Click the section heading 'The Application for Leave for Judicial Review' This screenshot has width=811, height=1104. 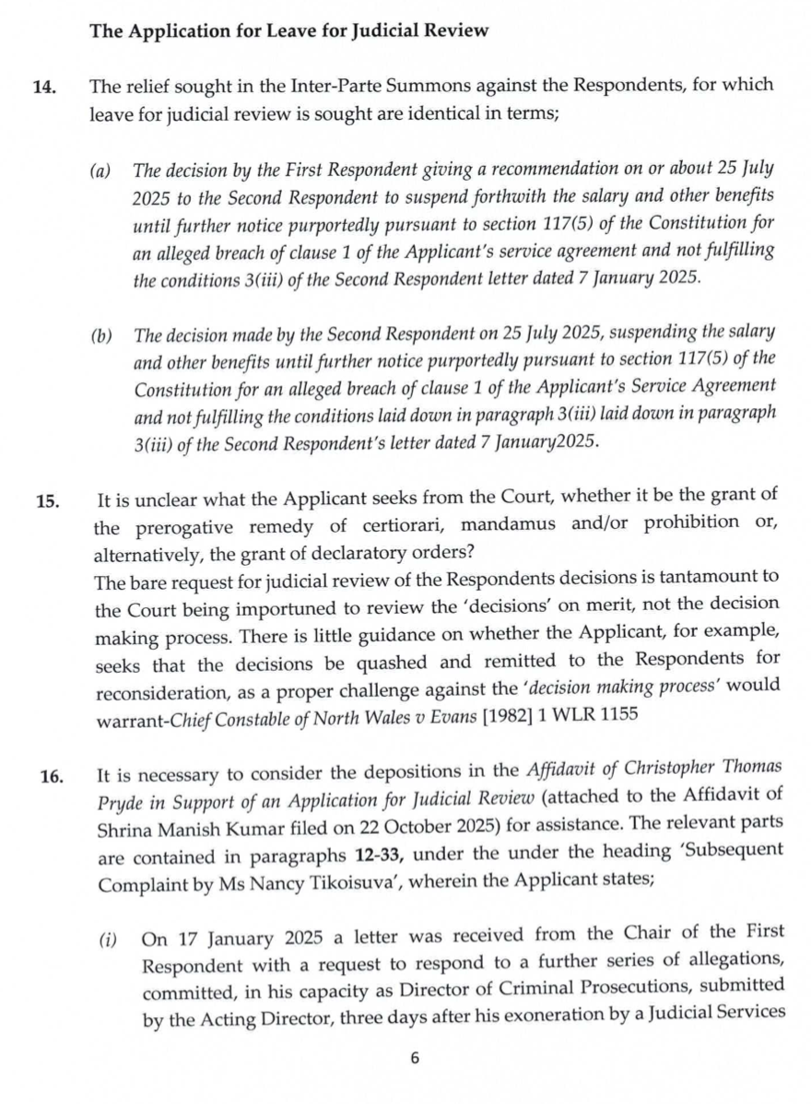point(288,30)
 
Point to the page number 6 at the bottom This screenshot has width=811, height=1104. point(415,1058)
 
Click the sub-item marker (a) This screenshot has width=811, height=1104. point(100,170)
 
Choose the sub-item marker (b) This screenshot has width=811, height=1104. point(100,330)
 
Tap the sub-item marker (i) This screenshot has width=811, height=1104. point(108,941)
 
